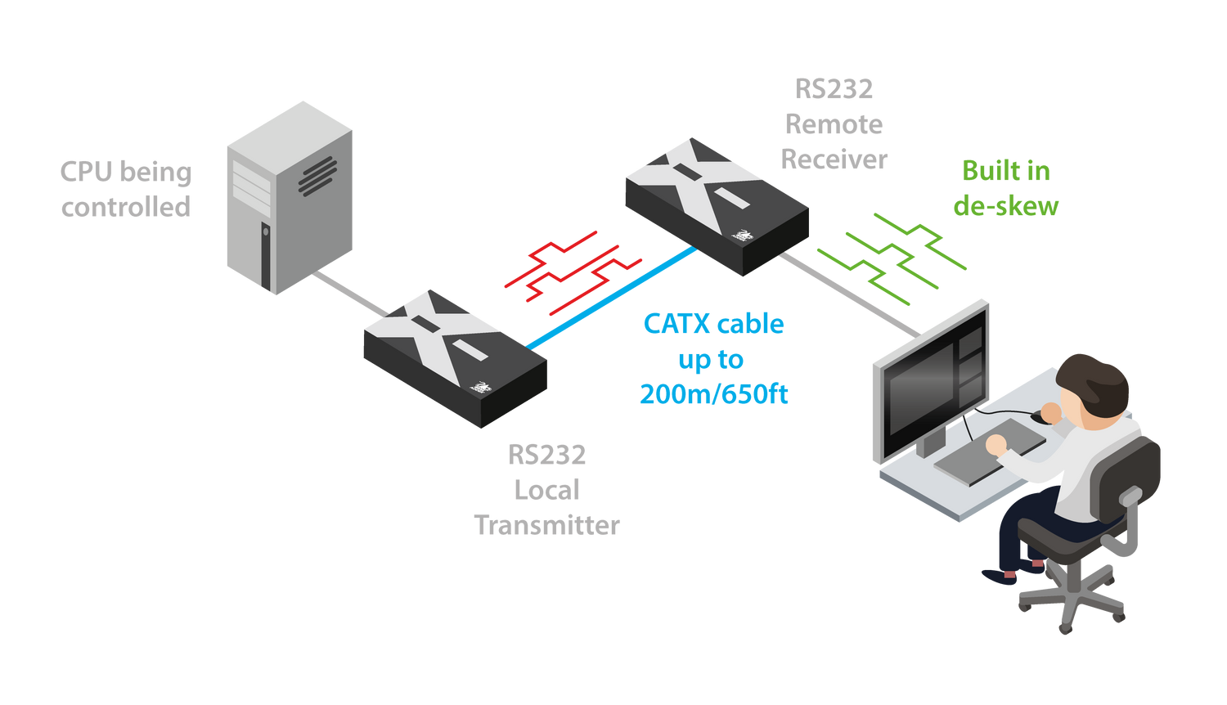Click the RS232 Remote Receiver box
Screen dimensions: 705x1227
pyautogui.click(x=717, y=205)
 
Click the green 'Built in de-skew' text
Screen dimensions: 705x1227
pyautogui.click(x=1006, y=188)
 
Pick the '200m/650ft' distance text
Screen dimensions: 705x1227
pyautogui.click(x=713, y=395)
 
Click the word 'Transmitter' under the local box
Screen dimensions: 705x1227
pyautogui.click(x=547, y=524)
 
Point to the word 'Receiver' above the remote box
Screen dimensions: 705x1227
pyautogui.click(x=834, y=159)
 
